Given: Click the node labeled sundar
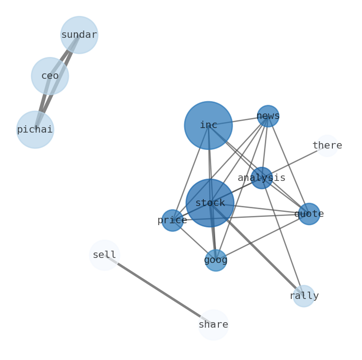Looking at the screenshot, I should tap(79, 35).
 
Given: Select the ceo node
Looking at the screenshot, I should tap(50, 76).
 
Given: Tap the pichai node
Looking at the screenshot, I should tap(35, 130).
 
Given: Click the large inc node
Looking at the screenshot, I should tap(208, 125).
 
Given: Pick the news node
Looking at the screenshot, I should tap(268, 116).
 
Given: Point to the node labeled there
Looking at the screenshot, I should tap(327, 146).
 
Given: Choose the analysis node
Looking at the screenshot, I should tap(262, 178).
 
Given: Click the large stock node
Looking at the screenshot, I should tap(210, 203).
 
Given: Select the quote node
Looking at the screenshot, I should tap(309, 214).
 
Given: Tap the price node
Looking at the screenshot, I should tap(172, 221).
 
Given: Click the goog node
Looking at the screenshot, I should tap(216, 261).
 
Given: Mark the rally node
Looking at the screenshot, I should tap(304, 296).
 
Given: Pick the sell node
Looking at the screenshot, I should tap(104, 255).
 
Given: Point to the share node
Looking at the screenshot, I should tap(213, 325).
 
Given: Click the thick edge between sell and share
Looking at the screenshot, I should tap(159, 290).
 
